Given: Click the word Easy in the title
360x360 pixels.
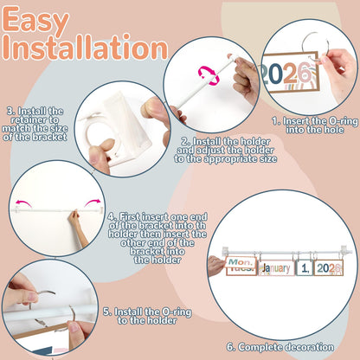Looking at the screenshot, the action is [36, 19].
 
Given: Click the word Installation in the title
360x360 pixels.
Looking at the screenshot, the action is [86, 47].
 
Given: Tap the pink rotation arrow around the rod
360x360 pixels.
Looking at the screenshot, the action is [209, 75].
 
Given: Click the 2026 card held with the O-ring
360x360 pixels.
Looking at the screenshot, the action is [289, 73].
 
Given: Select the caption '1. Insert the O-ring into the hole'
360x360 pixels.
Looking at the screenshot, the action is [315, 125].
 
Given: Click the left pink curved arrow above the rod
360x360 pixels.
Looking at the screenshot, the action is [23, 202].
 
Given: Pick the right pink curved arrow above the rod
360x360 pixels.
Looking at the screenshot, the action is [93, 202].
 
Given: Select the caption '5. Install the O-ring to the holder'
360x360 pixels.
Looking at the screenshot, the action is [147, 316].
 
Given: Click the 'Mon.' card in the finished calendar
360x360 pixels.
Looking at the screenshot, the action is [241, 262].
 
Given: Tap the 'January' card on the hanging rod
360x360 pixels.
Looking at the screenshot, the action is [276, 268].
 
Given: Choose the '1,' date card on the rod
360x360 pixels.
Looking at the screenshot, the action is [305, 268].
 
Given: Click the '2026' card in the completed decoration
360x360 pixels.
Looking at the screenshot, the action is [329, 267].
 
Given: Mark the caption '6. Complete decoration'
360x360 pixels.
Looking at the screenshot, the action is [280, 347].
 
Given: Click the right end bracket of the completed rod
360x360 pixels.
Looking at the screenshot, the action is [345, 250].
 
